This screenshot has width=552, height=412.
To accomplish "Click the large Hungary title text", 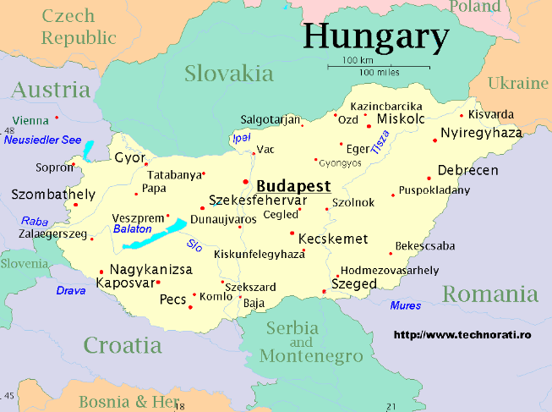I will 375,36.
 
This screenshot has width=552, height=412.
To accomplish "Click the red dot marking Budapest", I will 246,181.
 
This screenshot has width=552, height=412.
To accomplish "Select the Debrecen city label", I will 467,170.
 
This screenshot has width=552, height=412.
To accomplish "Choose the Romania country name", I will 490,294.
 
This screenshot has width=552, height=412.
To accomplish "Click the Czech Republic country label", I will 79,27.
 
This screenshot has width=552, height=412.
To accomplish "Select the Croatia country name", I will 122,344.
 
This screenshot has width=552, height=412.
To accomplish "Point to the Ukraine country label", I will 518,83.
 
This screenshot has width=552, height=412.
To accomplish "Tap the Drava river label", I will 71,290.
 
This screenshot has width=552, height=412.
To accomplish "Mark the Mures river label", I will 406,305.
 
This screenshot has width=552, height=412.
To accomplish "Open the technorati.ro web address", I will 462,335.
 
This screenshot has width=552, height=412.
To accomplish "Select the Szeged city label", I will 353,284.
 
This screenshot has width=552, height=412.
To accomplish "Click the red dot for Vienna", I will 57,118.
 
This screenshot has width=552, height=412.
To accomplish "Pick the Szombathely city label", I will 53,195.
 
